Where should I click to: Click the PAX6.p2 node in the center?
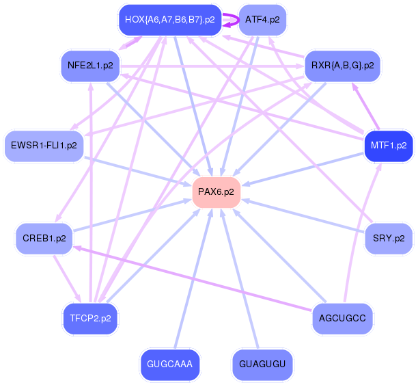click(x=217, y=192)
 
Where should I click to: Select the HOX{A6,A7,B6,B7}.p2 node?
click(x=170, y=20)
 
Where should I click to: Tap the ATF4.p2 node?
click(x=262, y=20)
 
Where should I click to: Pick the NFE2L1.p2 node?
click(x=90, y=66)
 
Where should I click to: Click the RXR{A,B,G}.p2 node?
click(x=342, y=66)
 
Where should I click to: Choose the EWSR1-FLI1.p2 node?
click(x=44, y=146)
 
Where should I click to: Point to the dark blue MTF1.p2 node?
click(x=388, y=146)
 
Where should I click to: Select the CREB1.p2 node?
click(x=44, y=238)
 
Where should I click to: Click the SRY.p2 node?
click(x=388, y=238)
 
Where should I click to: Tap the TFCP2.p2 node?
click(x=90, y=318)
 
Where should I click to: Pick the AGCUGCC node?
click(x=342, y=318)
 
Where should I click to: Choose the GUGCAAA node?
click(x=170, y=364)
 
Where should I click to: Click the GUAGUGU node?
click(x=262, y=364)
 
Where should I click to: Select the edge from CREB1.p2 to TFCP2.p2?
click(x=68, y=278)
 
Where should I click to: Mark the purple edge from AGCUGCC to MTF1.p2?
click(x=361, y=233)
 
